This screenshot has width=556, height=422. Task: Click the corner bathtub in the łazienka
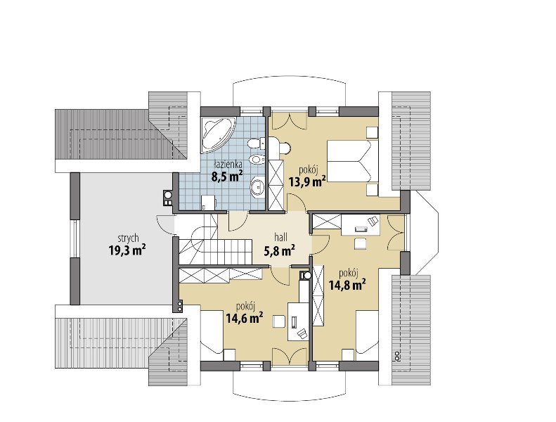216,133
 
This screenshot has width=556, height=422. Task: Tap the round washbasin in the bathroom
257,186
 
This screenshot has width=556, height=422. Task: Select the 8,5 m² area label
227,176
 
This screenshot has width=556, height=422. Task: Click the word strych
128,238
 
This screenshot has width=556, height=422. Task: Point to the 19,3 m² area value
128,250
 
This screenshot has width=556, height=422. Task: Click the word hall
281,237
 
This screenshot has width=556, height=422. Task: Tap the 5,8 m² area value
280,250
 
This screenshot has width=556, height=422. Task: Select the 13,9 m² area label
307,181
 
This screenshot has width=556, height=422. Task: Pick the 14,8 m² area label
347,285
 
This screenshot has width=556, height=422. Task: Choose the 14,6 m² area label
245,318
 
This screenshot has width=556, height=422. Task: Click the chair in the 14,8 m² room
361,244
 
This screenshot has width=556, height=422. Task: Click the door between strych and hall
165,224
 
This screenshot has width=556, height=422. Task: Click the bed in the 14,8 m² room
368,333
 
